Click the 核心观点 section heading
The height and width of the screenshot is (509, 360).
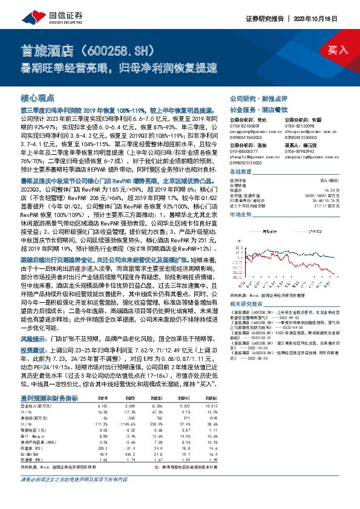click(x=38, y=97)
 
